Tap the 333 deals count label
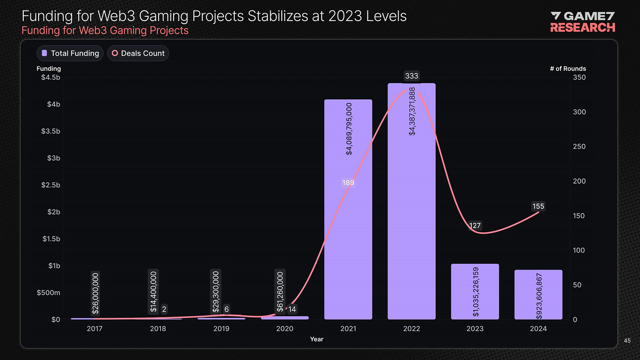(x=411, y=76)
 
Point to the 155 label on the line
(x=538, y=206)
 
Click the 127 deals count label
(x=475, y=226)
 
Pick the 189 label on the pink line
(x=348, y=182)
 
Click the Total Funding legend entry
(x=70, y=53)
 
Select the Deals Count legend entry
(x=138, y=53)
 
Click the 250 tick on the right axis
(x=579, y=147)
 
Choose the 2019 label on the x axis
(x=221, y=329)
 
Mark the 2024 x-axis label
(x=538, y=329)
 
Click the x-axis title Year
(x=316, y=339)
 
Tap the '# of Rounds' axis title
(x=567, y=69)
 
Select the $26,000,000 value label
(x=95, y=293)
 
